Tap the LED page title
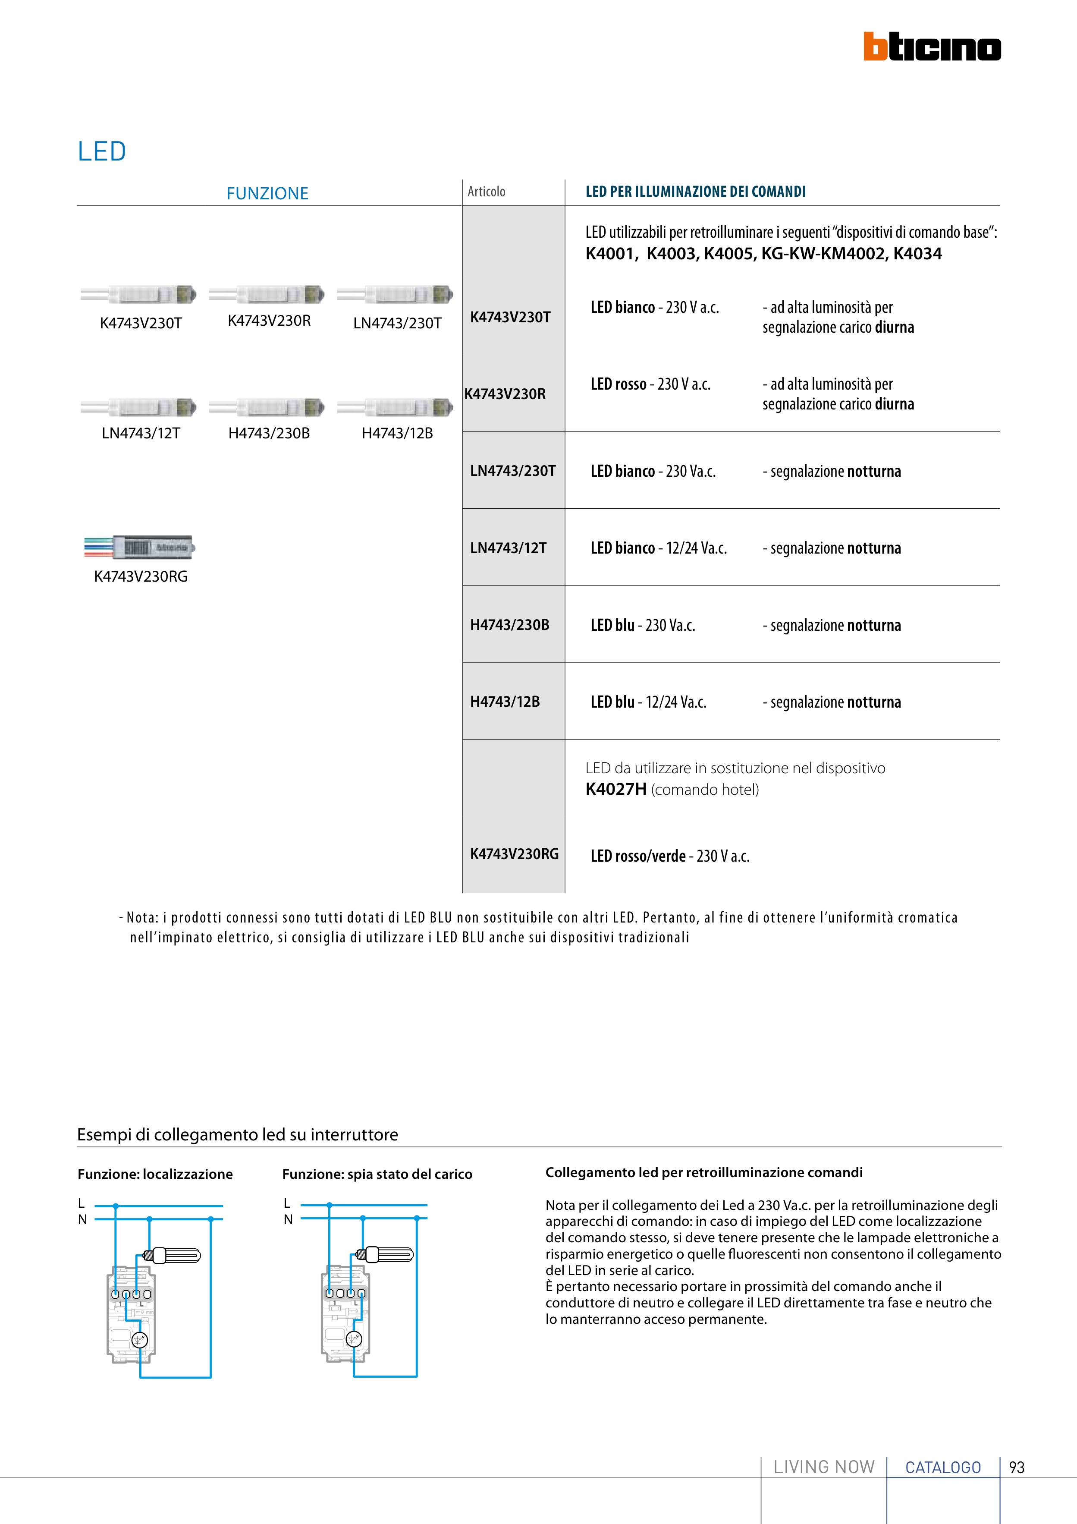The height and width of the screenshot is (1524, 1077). tap(101, 151)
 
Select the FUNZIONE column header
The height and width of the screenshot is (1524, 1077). tap(267, 193)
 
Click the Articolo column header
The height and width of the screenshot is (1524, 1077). tap(487, 192)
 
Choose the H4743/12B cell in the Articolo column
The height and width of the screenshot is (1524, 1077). tap(505, 702)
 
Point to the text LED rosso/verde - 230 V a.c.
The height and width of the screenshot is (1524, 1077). tap(669, 856)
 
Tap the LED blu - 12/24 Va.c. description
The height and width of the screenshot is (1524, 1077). tap(648, 702)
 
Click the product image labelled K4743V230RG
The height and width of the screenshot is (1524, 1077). tap(139, 547)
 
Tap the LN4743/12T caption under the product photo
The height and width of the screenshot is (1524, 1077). tap(141, 434)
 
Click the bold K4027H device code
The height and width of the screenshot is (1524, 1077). tap(615, 789)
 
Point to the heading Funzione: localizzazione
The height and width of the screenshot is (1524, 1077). tap(155, 1174)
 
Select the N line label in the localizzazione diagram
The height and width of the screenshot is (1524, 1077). tap(82, 1219)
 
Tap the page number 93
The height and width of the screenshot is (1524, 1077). tap(1017, 1467)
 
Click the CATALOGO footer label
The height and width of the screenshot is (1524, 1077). tap(943, 1467)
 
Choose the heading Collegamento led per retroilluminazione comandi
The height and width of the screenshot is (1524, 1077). tap(703, 1172)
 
